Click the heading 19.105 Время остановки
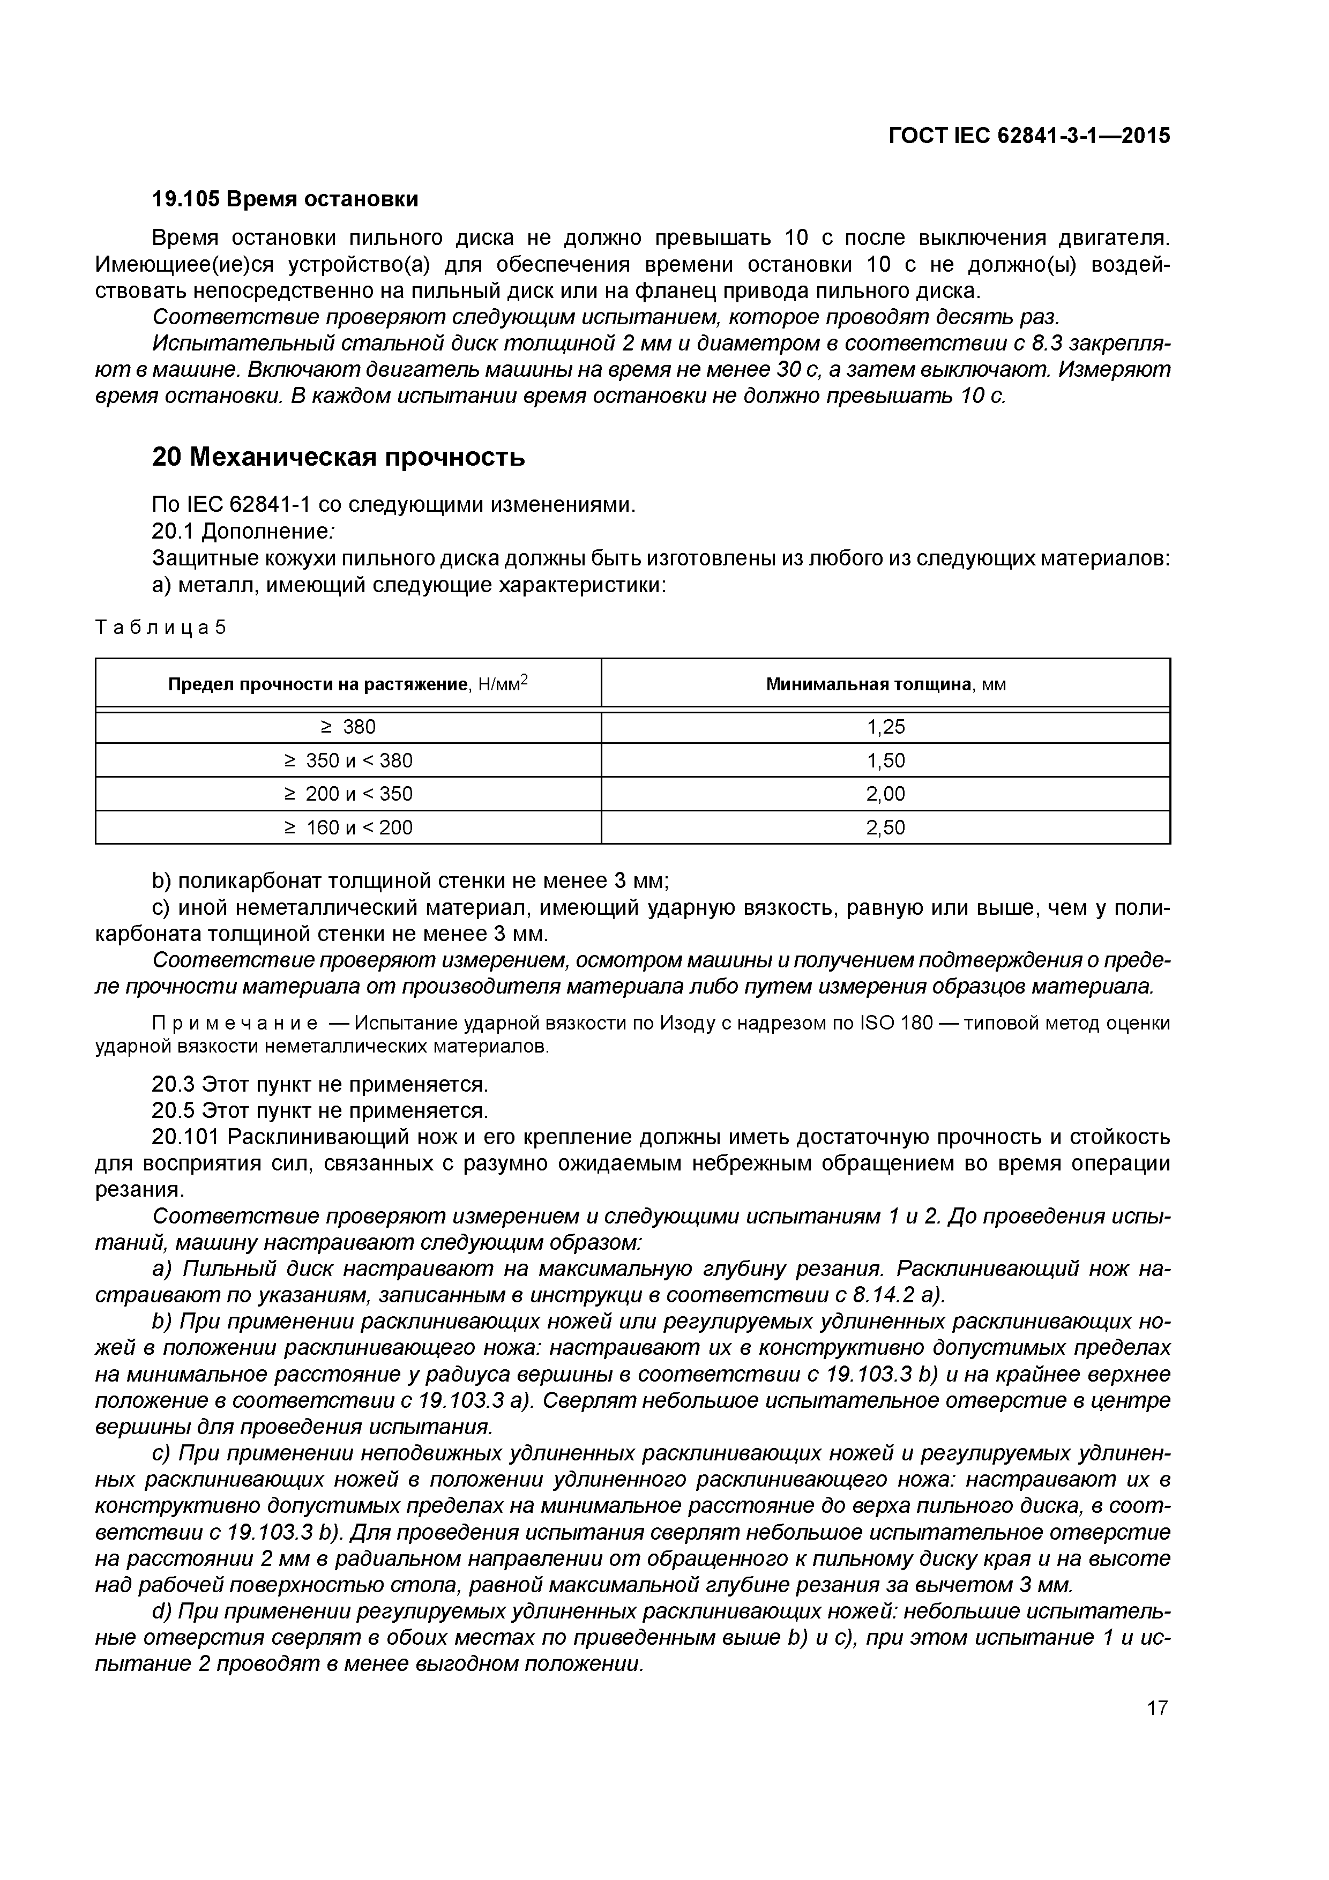285,199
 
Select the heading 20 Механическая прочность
338,457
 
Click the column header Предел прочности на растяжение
318,684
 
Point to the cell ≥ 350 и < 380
348,760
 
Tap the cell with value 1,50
885,760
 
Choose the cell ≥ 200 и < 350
348,794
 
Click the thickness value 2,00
885,794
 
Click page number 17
1157,1708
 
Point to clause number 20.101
186,1137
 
